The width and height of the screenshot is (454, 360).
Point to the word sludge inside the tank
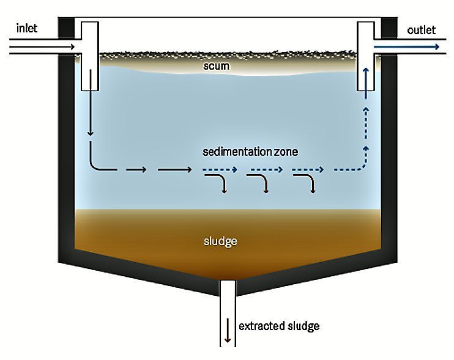[x=220, y=241]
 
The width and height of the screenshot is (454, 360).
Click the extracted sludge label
[x=278, y=326]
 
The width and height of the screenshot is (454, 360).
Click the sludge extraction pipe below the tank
[x=228, y=312]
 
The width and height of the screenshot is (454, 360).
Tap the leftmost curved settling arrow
[x=217, y=182]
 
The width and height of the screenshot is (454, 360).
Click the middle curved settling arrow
[x=259, y=182]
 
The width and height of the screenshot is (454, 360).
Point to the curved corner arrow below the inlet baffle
[x=98, y=164]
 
